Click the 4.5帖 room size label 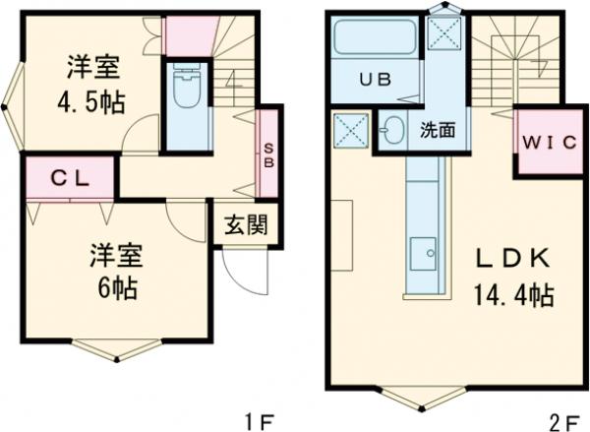[x=93, y=100]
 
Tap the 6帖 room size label [x=117, y=288]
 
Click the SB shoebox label [x=266, y=157]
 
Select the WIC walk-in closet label [x=543, y=142]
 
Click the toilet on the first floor [x=185, y=93]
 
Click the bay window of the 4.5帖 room [x=10, y=98]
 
